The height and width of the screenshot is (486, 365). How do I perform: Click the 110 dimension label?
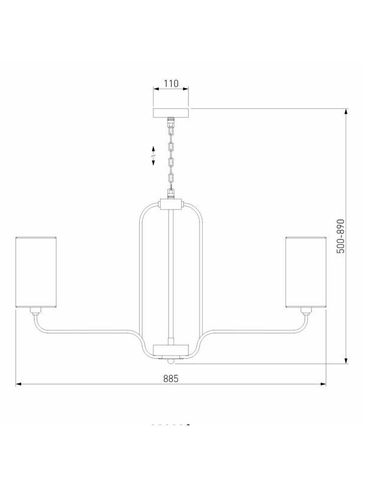(171, 83)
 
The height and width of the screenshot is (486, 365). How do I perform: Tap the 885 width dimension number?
(171, 378)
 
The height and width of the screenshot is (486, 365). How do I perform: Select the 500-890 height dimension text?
(341, 236)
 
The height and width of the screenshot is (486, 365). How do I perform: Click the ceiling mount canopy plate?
(171, 113)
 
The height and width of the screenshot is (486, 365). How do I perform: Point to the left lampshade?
(36, 272)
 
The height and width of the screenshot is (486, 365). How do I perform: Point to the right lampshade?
(306, 272)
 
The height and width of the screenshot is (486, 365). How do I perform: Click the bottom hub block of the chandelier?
(171, 350)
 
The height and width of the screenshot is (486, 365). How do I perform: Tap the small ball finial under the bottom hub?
(171, 361)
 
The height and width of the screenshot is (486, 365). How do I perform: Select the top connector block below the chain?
(171, 204)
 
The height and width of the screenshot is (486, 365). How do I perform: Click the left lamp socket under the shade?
(36, 310)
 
